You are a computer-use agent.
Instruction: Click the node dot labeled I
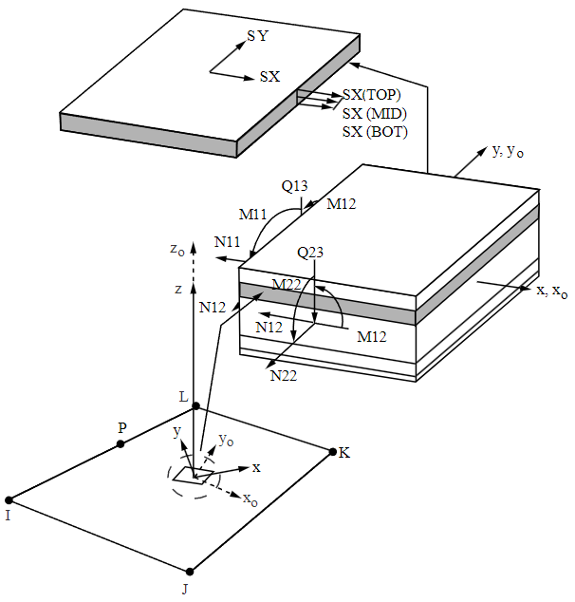tap(9, 499)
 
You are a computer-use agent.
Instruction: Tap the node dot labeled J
tap(190, 572)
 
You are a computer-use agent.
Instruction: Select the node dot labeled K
tap(333, 452)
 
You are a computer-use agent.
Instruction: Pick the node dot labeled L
tap(196, 405)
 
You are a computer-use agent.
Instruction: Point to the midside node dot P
tap(121, 443)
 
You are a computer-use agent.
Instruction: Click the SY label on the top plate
tap(258, 36)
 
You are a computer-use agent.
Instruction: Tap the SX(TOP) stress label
tap(372, 94)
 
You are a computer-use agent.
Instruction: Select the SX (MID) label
tap(375, 113)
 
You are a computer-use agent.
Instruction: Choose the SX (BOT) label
tap(375, 132)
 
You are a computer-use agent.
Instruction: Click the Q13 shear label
tap(294, 186)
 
